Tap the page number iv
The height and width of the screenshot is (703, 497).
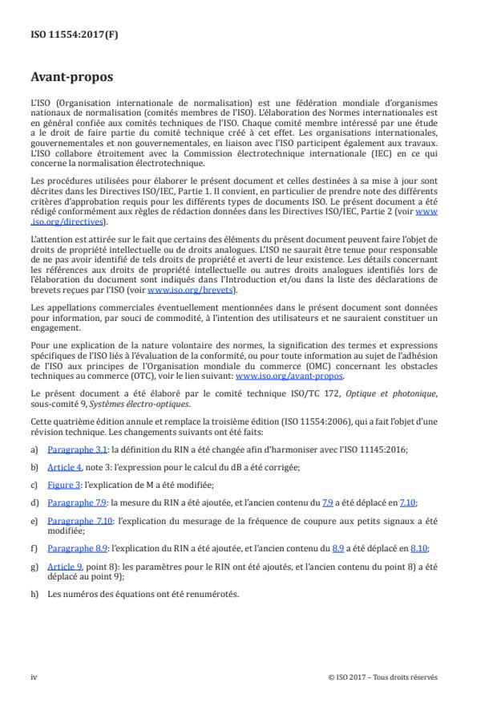click(x=34, y=677)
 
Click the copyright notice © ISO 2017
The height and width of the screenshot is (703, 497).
click(x=383, y=677)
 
